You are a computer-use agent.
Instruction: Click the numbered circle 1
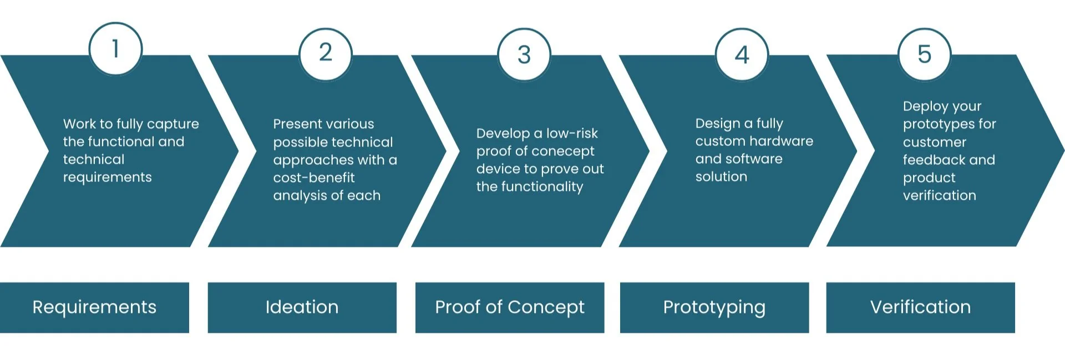pyautogui.click(x=115, y=49)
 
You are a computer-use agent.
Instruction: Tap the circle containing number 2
pyautogui.click(x=326, y=54)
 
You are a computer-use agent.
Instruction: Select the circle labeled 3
pyautogui.click(x=524, y=54)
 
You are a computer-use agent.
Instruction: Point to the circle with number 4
pyautogui.click(x=742, y=54)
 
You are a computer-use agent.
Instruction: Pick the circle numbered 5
pyautogui.click(x=924, y=54)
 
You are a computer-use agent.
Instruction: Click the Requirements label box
pyautogui.click(x=94, y=307)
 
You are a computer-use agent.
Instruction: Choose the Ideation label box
pyautogui.click(x=302, y=307)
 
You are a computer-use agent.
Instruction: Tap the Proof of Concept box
pyautogui.click(x=509, y=307)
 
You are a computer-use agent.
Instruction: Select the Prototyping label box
pyautogui.click(x=714, y=307)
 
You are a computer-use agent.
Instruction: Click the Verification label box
pyautogui.click(x=920, y=307)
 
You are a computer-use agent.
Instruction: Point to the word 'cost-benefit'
pyautogui.click(x=313, y=178)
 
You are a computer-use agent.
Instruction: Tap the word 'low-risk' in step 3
pyautogui.click(x=572, y=133)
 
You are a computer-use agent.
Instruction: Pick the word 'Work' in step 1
pyautogui.click(x=79, y=124)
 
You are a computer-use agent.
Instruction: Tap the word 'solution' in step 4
pyautogui.click(x=721, y=176)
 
